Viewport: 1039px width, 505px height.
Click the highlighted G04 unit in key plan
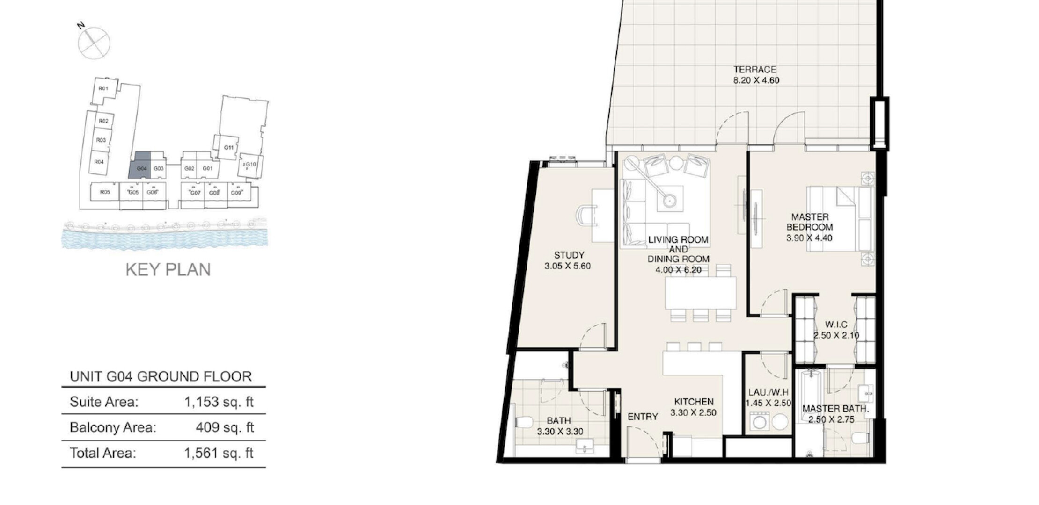(140, 165)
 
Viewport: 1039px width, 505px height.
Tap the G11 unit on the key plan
(228, 148)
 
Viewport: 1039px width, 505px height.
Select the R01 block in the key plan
(103, 89)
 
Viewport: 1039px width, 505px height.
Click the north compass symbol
(94, 43)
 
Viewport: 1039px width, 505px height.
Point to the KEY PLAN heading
(168, 269)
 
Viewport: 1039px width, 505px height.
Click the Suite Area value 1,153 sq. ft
(219, 402)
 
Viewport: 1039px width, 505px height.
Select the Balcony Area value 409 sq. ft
(225, 427)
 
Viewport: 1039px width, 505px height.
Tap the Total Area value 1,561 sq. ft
(219, 453)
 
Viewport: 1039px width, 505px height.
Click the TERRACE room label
(754, 70)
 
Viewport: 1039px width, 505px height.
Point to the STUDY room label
(569, 255)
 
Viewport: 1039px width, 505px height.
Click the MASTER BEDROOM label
(810, 222)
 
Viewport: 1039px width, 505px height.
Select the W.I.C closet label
(836, 325)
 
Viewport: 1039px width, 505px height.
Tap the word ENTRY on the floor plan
(643, 417)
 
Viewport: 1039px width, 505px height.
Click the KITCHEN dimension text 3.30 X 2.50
(693, 412)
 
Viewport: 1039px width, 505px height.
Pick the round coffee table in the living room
(670, 200)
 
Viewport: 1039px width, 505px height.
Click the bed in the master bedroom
(841, 218)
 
